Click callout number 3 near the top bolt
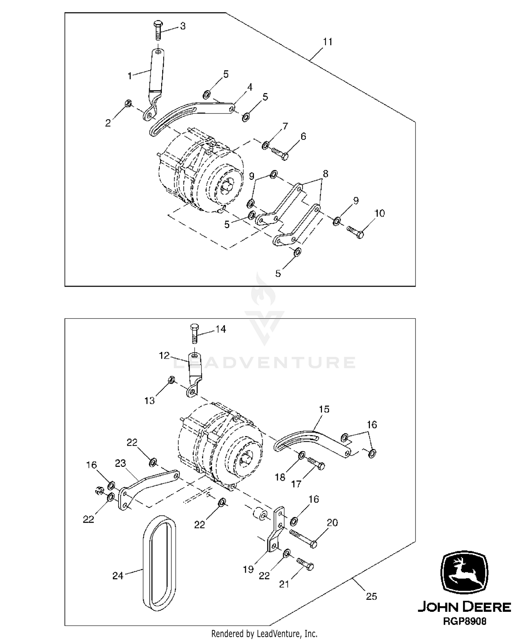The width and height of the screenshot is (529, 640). (183, 26)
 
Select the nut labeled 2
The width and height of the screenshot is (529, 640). (128, 104)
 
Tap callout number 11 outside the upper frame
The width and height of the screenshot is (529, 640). (328, 42)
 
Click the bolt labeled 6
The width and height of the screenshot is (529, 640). (280, 153)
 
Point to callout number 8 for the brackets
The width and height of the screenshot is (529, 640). (325, 173)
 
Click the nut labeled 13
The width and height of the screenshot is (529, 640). (170, 380)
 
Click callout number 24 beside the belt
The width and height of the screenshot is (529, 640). (118, 575)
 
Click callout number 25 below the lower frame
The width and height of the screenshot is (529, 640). (371, 596)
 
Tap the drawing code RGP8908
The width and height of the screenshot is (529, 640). (464, 621)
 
